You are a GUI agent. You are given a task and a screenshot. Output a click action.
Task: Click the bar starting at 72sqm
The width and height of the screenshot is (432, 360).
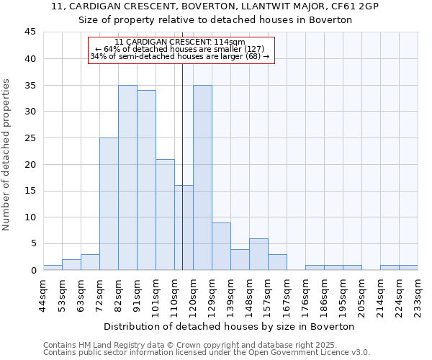(x=109, y=204)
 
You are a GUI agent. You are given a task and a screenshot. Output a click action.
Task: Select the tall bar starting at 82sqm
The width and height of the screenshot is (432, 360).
(x=127, y=178)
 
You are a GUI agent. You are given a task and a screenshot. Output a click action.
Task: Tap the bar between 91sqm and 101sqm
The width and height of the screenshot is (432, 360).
(x=146, y=180)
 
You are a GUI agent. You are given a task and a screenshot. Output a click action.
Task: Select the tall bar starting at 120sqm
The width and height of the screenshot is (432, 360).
(x=202, y=178)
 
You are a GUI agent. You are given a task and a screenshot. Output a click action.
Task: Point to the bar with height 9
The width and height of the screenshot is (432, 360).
(x=221, y=246)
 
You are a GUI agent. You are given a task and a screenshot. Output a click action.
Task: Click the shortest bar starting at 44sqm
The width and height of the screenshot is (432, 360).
(x=53, y=267)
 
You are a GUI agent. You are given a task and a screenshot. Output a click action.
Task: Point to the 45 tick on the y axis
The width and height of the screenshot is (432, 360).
(x=30, y=32)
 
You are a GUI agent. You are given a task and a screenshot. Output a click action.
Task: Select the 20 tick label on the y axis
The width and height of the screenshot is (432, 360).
(x=30, y=164)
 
